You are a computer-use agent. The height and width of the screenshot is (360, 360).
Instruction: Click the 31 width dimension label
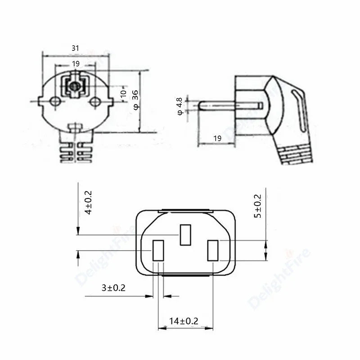75,48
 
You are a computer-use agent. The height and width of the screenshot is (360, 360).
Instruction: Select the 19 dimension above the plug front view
76,64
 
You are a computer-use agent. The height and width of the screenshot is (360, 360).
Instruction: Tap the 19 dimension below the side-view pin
217,139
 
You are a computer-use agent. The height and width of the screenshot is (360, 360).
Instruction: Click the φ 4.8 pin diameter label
180,106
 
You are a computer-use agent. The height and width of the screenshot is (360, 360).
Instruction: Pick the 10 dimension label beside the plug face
123,93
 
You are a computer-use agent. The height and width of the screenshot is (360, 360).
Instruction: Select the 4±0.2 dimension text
88,202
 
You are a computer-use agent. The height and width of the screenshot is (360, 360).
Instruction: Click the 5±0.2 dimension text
257,206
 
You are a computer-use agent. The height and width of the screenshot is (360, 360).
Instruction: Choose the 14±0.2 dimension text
184,321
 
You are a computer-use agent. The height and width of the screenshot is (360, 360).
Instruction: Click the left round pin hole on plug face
55,102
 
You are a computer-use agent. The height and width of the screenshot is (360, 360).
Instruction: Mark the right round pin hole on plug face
94,102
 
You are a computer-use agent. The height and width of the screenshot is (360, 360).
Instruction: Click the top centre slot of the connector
185,235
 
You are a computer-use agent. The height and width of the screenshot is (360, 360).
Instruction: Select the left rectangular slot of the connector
158,251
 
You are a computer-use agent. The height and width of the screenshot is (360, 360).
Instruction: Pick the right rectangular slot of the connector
212,251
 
